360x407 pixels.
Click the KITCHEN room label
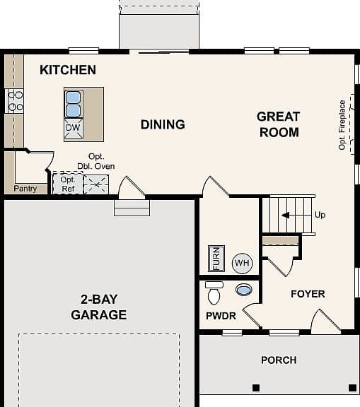(x=68, y=70)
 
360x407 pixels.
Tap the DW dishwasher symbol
(x=74, y=128)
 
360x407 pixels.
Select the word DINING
(x=163, y=124)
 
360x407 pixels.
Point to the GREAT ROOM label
(x=279, y=124)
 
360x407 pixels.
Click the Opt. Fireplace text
(x=342, y=125)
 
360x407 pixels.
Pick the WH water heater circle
(x=242, y=263)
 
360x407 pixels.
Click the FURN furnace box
(x=216, y=259)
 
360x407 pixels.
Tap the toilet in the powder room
(x=214, y=293)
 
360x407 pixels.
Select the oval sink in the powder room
(x=243, y=290)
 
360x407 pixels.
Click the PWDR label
(x=221, y=316)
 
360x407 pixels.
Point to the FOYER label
(x=308, y=294)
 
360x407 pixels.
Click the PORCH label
(x=279, y=360)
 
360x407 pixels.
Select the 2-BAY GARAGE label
(x=99, y=307)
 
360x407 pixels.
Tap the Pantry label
(x=25, y=189)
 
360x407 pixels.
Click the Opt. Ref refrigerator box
(x=68, y=184)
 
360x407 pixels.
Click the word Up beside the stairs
(x=320, y=215)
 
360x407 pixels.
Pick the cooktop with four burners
(x=15, y=101)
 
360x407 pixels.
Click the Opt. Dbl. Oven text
(x=96, y=161)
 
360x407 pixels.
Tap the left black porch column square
(x=256, y=388)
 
